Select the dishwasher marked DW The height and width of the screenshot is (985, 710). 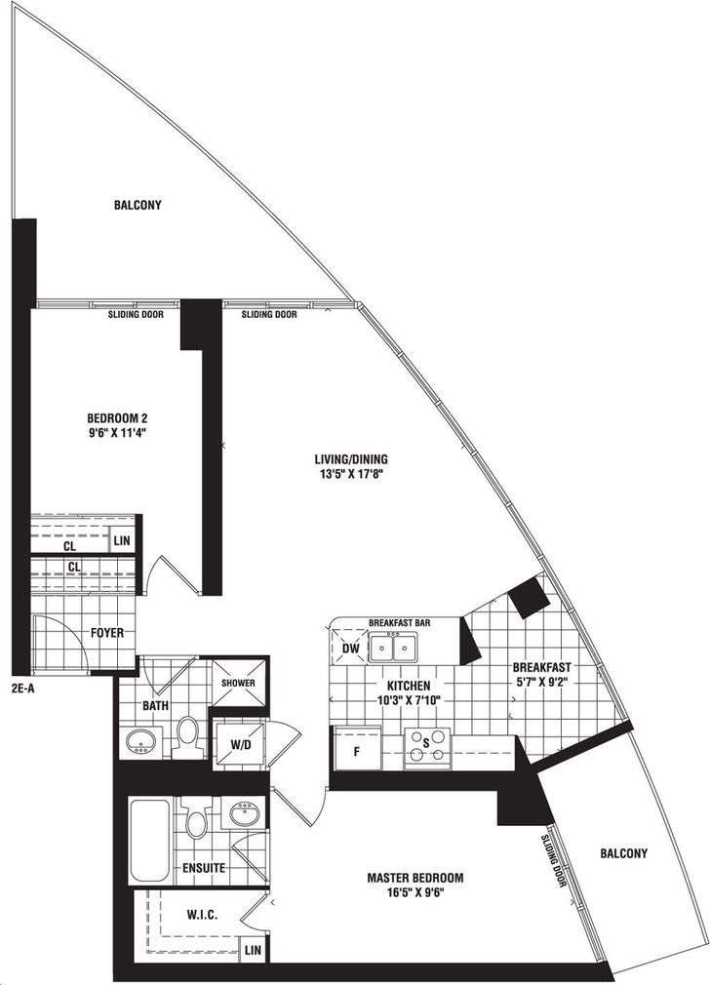pos(347,646)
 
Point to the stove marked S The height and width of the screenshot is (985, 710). pos(426,746)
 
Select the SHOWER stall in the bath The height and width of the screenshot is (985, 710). pos(237,682)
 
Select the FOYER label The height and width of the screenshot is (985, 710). pos(107,633)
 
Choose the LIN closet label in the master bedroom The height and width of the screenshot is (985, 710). pos(253,949)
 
